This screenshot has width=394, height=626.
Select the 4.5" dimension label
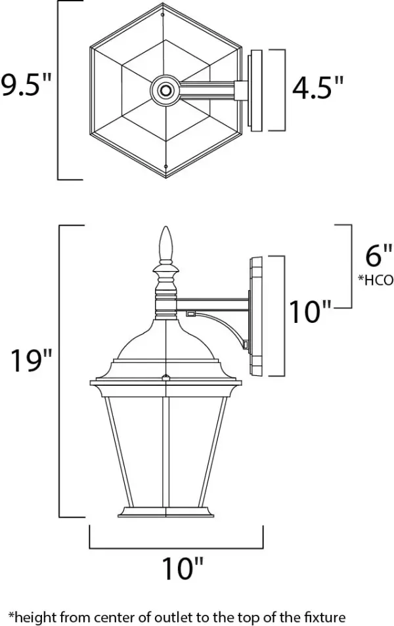point(318,88)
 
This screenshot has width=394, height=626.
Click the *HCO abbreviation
point(375,280)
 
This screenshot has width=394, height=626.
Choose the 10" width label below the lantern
point(176,567)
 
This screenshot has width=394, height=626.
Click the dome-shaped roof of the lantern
point(165,341)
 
